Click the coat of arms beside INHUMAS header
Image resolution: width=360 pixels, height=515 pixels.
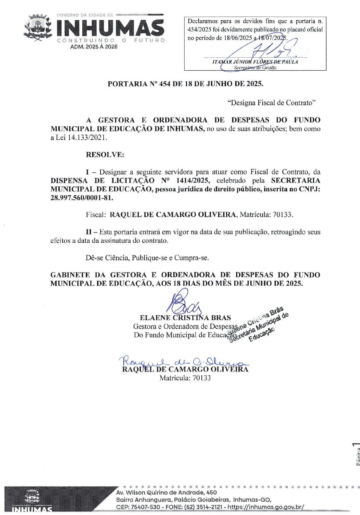[x=37, y=28]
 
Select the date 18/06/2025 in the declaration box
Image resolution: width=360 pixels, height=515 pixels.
[x=238, y=38]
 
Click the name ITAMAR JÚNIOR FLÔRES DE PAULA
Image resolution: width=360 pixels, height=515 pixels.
[x=255, y=62]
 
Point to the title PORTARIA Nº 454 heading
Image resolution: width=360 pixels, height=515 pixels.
[x=185, y=84]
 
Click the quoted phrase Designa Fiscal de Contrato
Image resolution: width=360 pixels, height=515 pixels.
[x=272, y=103]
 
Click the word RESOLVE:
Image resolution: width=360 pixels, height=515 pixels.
[x=105, y=155]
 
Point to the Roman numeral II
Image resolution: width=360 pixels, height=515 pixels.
[x=89, y=232]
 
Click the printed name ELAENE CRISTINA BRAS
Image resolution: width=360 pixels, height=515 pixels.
[x=185, y=318]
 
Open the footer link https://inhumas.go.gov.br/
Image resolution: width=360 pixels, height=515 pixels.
[x=266, y=507]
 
